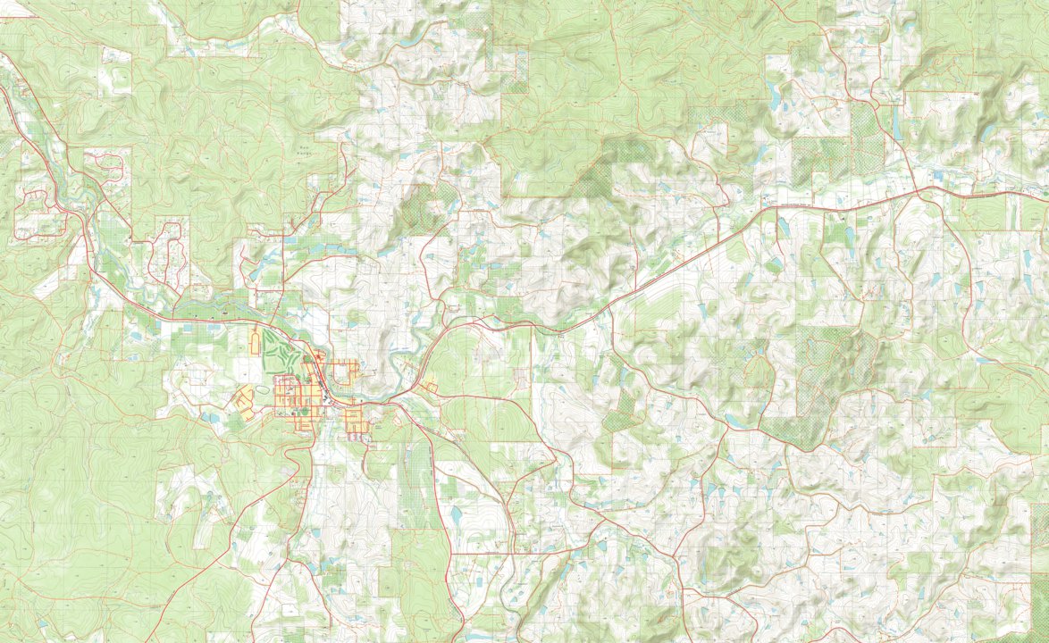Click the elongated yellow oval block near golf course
pyautogui.click(x=256, y=342)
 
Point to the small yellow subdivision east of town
pyautogui.click(x=430, y=388)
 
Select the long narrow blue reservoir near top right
pyautogui.click(x=896, y=126)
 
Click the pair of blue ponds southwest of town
pyautogui.click(x=213, y=416)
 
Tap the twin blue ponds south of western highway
pyautogui.click(x=138, y=337)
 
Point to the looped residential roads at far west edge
pyautogui.click(x=36, y=214)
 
